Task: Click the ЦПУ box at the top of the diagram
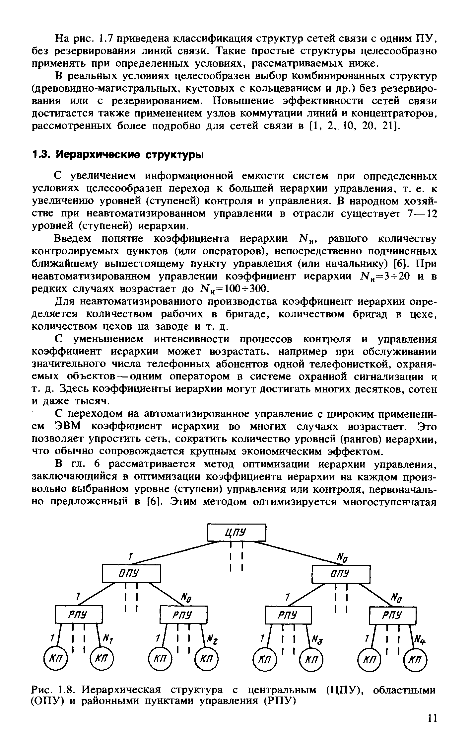tap(236, 532)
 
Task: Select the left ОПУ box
tap(131, 574)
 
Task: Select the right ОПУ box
tap(341, 574)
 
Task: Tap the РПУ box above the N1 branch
tap(79, 615)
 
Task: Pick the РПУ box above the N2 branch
tap(183, 615)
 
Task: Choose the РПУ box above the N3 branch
tap(289, 615)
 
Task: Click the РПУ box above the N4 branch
tap(393, 615)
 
